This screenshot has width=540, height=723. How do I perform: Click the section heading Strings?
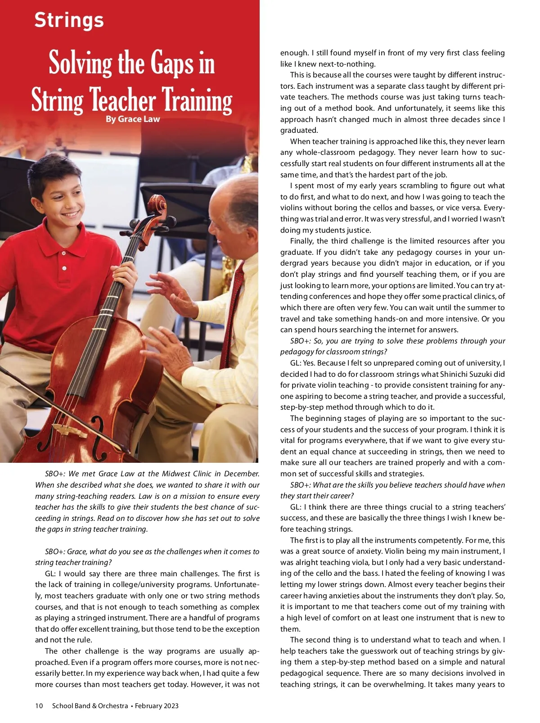pyautogui.click(x=69, y=20)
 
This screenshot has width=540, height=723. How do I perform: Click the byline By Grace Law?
pyautogui.click(x=133, y=119)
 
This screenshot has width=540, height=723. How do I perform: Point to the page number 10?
pyautogui.click(x=39, y=705)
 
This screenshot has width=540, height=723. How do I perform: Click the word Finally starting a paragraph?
pyautogui.click(x=302, y=241)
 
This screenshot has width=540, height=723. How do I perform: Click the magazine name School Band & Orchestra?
pyautogui.click(x=90, y=705)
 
